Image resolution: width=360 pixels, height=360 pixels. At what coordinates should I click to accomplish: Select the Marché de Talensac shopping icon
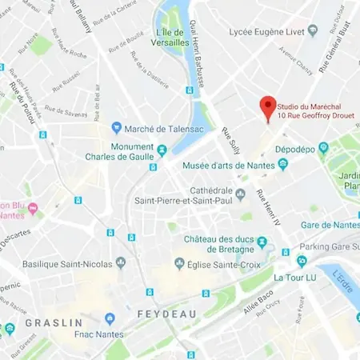tap(116, 127)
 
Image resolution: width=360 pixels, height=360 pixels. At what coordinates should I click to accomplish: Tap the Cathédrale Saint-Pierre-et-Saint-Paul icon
tap(239, 192)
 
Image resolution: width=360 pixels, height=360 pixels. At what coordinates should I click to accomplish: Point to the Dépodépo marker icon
tap(323, 147)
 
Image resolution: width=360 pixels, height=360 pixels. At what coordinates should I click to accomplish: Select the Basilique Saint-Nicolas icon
tap(121, 262)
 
